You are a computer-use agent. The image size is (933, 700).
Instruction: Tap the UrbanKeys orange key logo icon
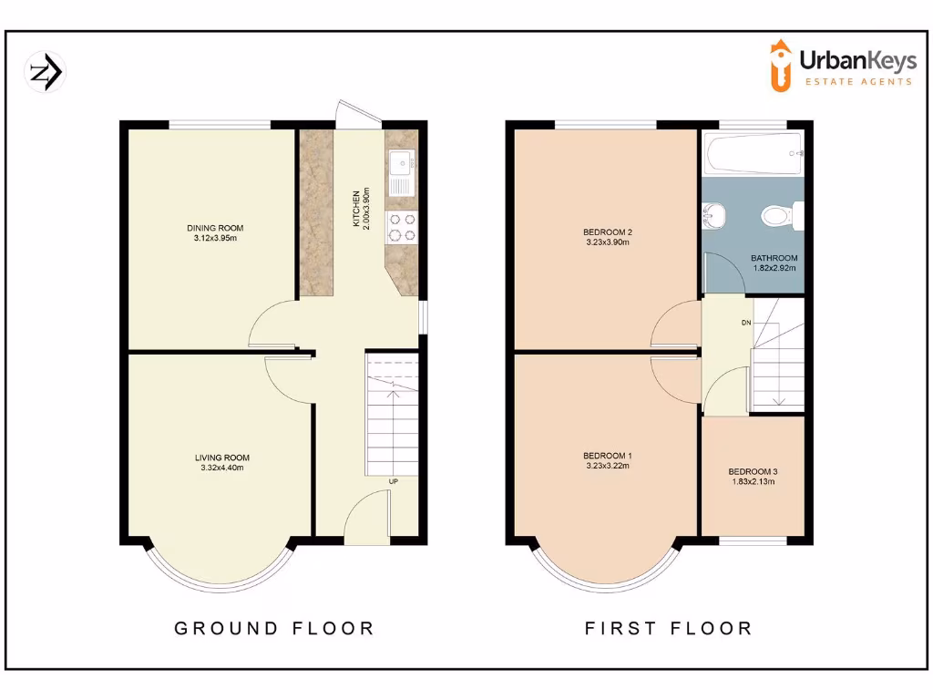click(780, 65)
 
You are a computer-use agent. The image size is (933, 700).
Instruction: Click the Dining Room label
click(215, 228)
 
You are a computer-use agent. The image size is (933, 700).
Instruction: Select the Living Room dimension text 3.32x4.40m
click(222, 468)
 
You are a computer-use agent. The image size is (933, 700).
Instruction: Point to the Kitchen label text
click(356, 211)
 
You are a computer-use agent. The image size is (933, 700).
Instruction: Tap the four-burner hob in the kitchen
click(401, 227)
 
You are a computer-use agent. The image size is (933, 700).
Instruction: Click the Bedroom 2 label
click(608, 232)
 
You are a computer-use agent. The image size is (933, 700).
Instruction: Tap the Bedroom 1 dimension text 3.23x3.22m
click(608, 466)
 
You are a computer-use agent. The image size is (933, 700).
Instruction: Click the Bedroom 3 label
click(753, 472)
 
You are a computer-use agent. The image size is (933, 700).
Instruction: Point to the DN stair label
click(746, 323)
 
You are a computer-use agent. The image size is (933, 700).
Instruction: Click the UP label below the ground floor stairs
click(393, 480)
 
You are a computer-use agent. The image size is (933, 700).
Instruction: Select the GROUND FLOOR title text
click(274, 628)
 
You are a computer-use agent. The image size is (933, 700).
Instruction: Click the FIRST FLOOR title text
click(668, 628)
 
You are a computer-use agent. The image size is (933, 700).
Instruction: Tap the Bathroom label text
click(774, 258)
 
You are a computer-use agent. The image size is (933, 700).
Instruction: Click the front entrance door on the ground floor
click(367, 517)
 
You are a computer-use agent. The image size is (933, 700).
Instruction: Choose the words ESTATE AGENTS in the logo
click(857, 82)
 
